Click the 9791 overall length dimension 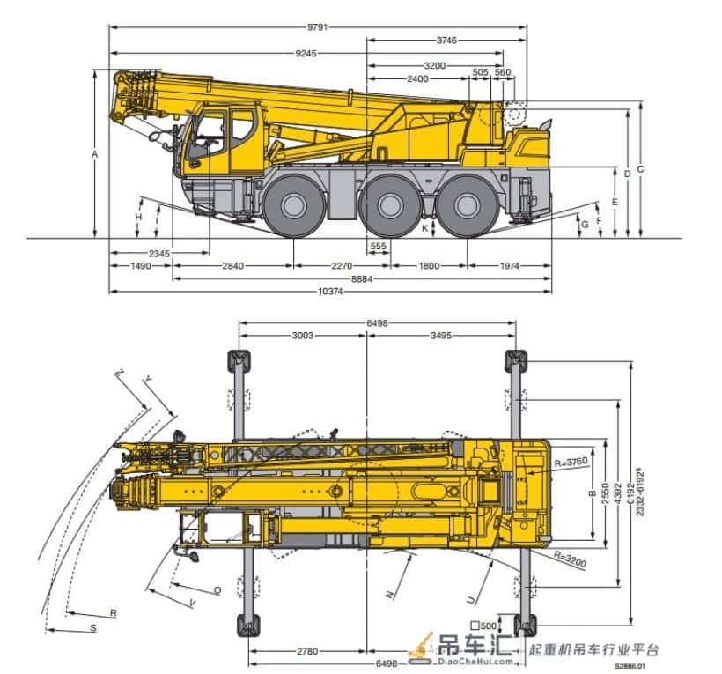pyautogui.click(x=317, y=27)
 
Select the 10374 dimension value pyautogui.click(x=330, y=291)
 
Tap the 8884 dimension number pyautogui.click(x=362, y=278)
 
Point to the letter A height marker pyautogui.click(x=95, y=154)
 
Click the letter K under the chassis pyautogui.click(x=425, y=228)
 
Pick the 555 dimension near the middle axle pyautogui.click(x=378, y=247)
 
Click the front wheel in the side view pyautogui.click(x=293, y=206)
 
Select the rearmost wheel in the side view pyautogui.click(x=467, y=206)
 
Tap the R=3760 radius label pyautogui.click(x=571, y=462)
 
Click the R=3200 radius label pyautogui.click(x=570, y=559)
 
